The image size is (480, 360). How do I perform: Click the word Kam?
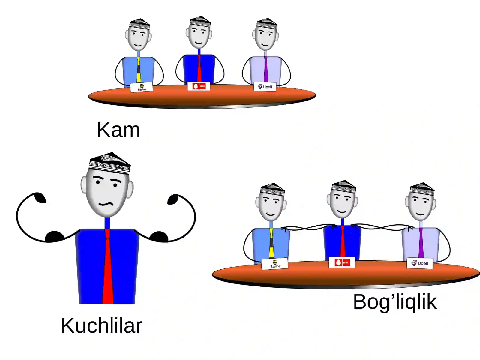118,130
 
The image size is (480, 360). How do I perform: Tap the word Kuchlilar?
102,326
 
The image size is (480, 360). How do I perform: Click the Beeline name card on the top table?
142,87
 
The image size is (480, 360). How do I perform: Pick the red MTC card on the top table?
199,86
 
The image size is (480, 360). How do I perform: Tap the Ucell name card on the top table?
265,87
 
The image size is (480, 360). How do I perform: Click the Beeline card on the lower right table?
275,264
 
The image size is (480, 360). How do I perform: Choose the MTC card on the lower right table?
342,262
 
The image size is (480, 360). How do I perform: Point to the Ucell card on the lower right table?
420,263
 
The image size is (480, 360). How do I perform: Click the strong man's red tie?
108,266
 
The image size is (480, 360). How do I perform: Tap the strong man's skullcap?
110,163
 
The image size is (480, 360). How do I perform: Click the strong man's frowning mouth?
106,204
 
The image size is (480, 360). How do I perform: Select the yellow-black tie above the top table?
139,70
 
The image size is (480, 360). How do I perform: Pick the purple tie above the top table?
266,69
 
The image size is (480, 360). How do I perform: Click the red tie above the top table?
199,68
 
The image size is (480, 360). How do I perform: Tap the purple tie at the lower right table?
421,243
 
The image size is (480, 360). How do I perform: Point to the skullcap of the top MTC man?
200,21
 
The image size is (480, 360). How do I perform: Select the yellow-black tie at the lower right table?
271,243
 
